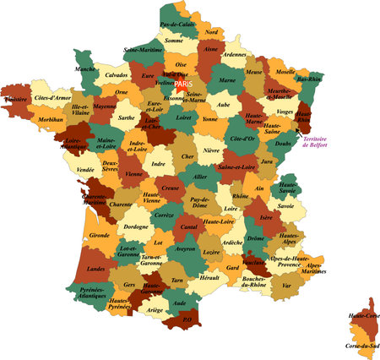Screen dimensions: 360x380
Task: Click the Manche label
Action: (x=85, y=69)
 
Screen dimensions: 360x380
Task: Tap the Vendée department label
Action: (x=85, y=170)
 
